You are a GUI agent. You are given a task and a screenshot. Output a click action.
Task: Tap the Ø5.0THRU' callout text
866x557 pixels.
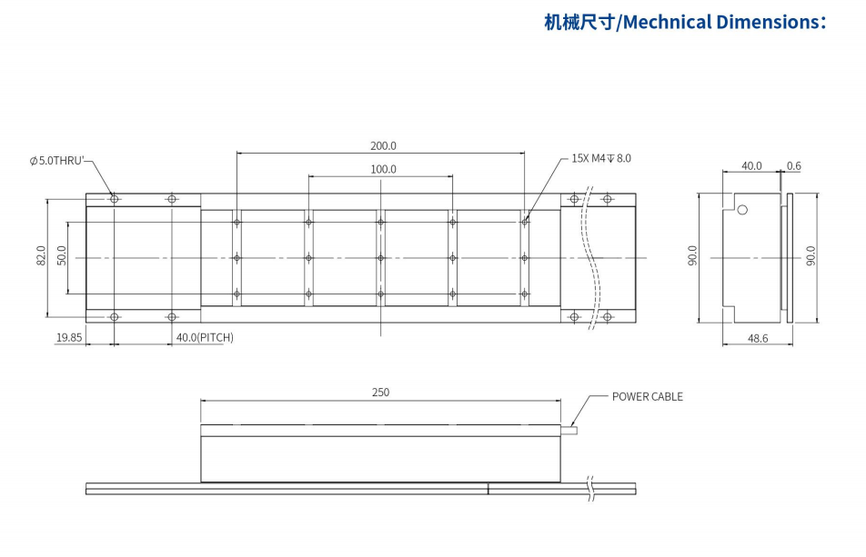56,161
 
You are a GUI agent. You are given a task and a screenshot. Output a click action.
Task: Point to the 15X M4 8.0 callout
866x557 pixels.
600,158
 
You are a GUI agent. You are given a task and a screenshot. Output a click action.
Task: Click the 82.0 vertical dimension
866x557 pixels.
42,257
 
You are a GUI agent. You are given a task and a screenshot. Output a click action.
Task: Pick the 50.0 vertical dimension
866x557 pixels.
62,257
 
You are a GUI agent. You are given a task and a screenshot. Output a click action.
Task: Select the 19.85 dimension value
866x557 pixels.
69,337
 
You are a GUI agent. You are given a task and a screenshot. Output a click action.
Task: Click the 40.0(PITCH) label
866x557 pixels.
205,337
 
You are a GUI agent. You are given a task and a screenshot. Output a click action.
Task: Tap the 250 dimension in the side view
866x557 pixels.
380,393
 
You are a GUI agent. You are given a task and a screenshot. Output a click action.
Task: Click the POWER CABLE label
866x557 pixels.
647,396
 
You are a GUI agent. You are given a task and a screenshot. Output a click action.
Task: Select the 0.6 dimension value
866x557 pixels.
794,165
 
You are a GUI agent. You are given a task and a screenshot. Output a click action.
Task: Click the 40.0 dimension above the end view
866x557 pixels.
751,165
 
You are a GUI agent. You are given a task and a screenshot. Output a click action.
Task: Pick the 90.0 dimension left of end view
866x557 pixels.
693,257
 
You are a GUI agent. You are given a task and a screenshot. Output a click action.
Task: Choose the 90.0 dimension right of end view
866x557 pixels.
811,257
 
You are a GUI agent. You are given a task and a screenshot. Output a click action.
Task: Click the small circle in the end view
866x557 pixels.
742,210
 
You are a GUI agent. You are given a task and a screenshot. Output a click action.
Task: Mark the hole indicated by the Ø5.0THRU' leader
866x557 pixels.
114,199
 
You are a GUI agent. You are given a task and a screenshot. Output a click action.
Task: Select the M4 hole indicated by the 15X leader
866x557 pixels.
525,221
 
